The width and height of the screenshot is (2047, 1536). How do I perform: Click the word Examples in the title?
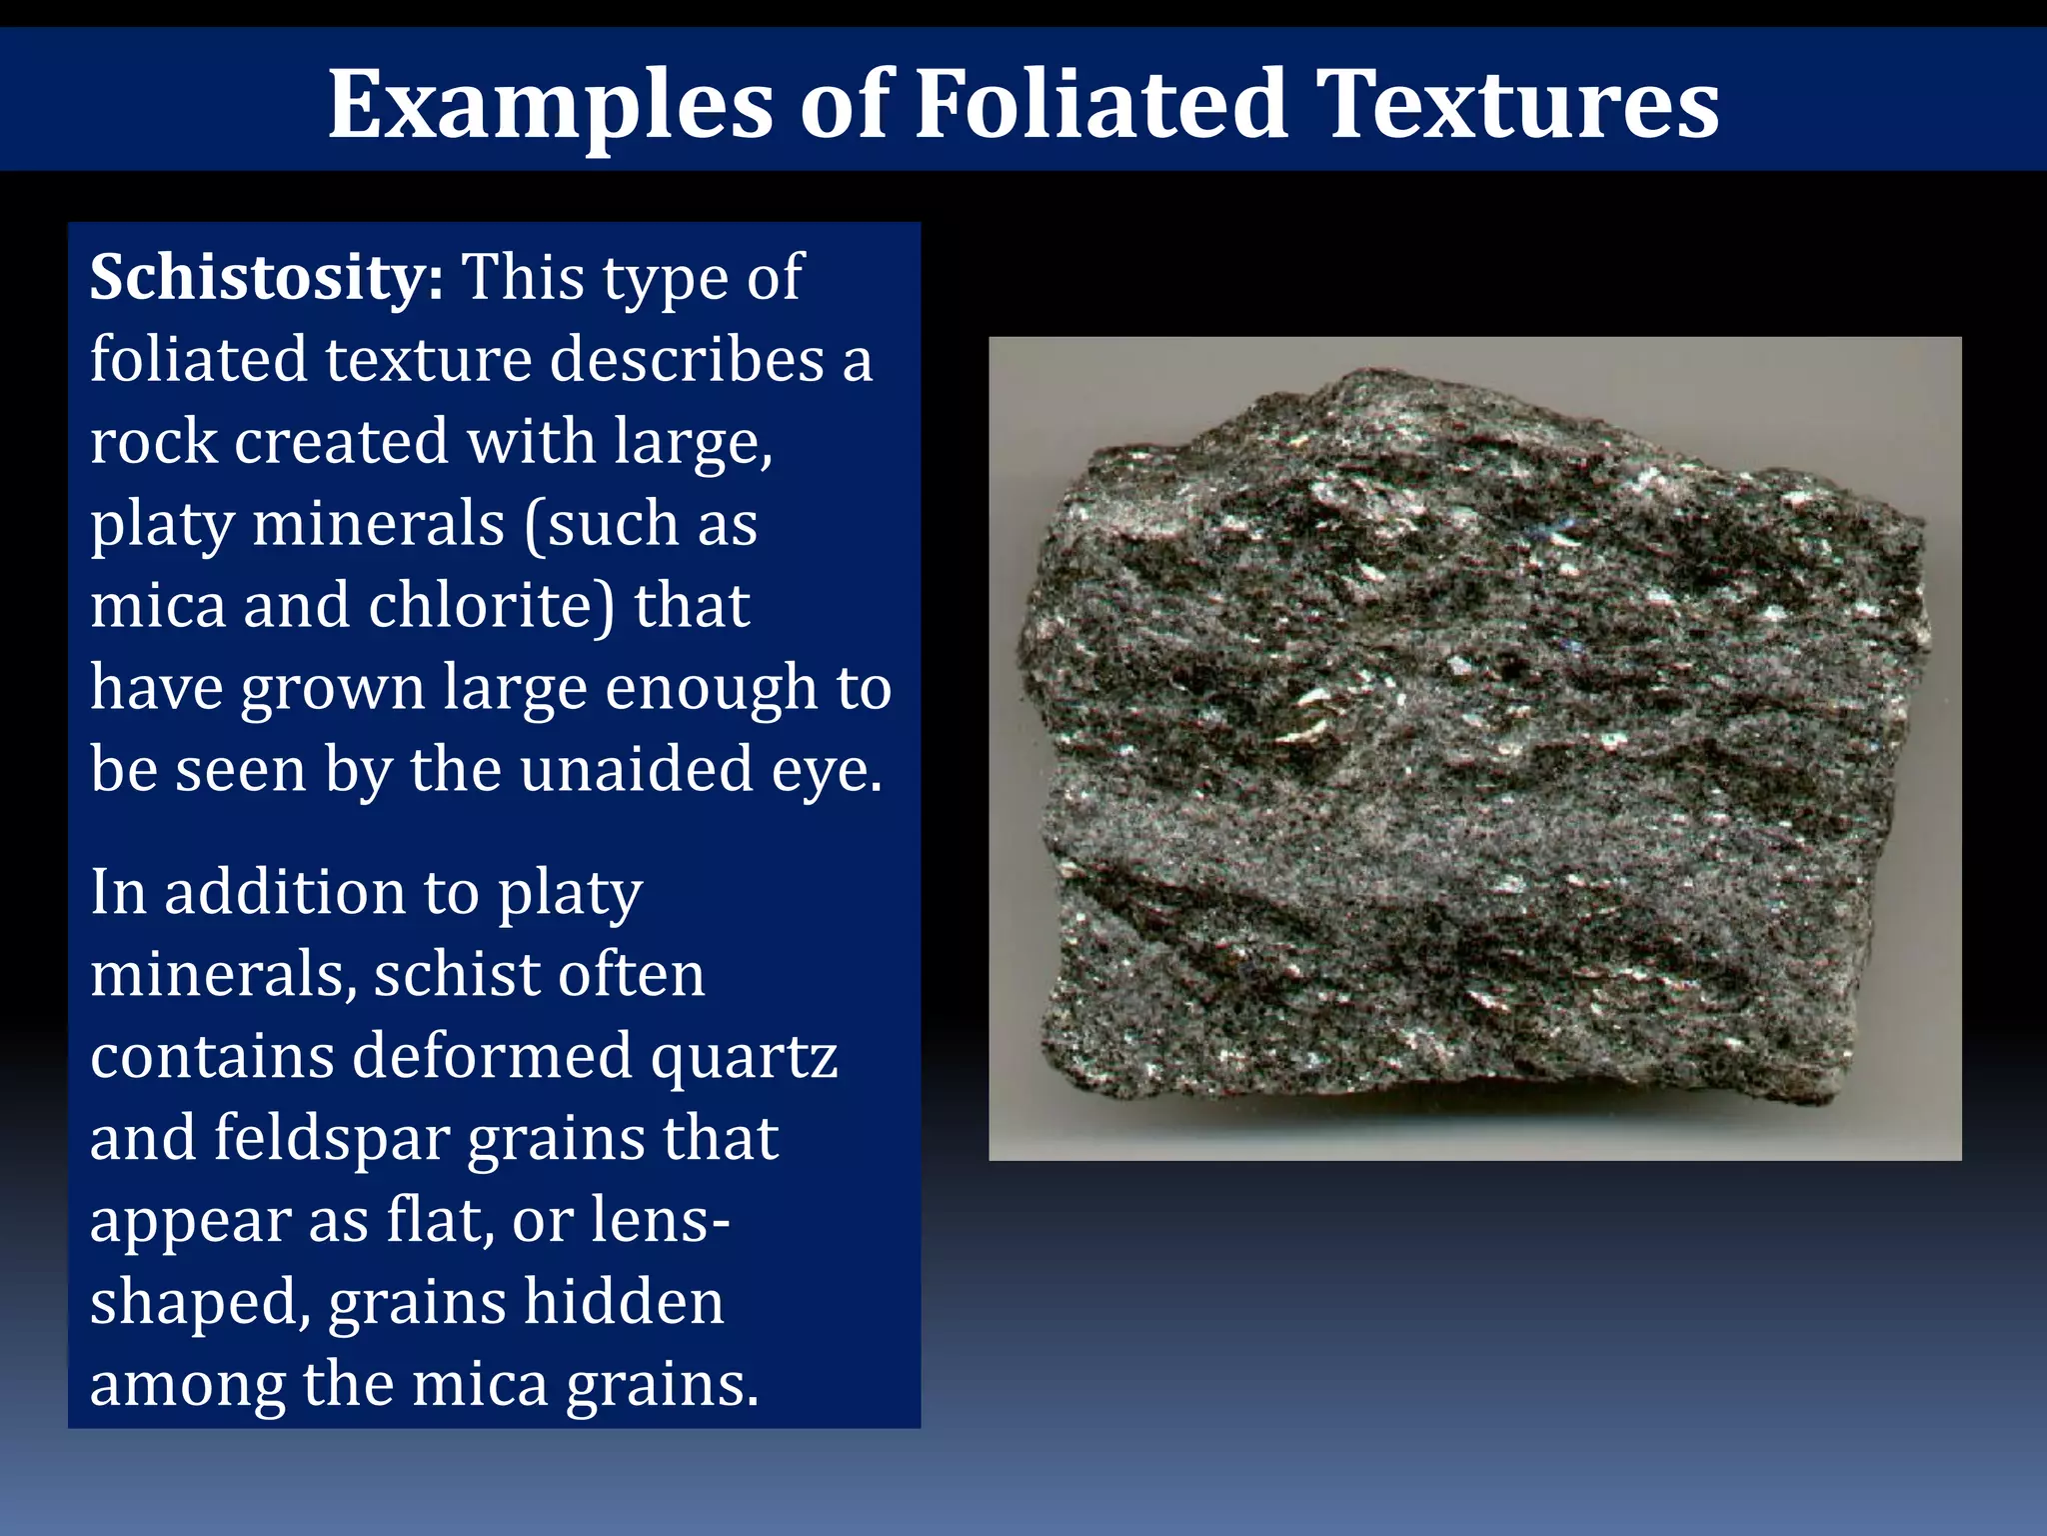coord(551,105)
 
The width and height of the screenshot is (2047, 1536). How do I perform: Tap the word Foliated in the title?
coord(1100,103)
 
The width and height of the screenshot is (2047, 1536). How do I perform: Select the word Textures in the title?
coord(1516,103)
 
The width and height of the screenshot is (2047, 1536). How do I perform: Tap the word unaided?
coord(636,770)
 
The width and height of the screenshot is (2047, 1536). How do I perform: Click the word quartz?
coord(744,1057)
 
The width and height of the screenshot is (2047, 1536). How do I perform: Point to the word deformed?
coord(492,1056)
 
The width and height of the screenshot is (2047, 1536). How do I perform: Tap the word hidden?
coord(624,1302)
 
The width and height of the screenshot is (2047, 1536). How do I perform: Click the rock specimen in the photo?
coord(1475,740)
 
